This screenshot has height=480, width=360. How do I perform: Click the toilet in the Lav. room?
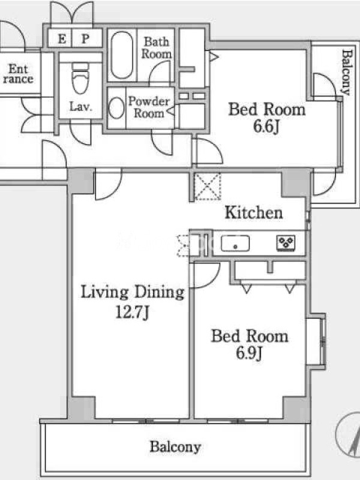(x=80, y=78)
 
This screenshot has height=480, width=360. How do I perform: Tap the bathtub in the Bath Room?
(x=122, y=55)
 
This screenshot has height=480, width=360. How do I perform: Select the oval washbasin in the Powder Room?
(x=116, y=108)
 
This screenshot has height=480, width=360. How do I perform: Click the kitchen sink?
(x=235, y=244)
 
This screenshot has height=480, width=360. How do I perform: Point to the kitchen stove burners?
(x=286, y=243)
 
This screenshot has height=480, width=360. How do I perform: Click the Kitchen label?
(x=254, y=212)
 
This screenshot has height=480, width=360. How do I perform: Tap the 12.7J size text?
(x=132, y=312)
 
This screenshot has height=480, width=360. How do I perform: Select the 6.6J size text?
(x=266, y=126)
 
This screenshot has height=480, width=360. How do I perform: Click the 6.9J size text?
(x=249, y=353)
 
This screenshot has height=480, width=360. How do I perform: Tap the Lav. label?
(x=80, y=107)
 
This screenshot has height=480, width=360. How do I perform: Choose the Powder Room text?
(x=149, y=107)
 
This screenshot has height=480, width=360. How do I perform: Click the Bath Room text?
(x=156, y=48)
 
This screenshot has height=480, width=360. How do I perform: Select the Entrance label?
(x=18, y=73)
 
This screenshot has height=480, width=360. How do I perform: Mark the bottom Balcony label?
(x=175, y=447)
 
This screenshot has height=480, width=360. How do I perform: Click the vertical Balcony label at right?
(x=346, y=72)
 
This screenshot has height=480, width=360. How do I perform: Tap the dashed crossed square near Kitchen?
(x=208, y=187)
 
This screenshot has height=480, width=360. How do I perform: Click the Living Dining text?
(x=132, y=292)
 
